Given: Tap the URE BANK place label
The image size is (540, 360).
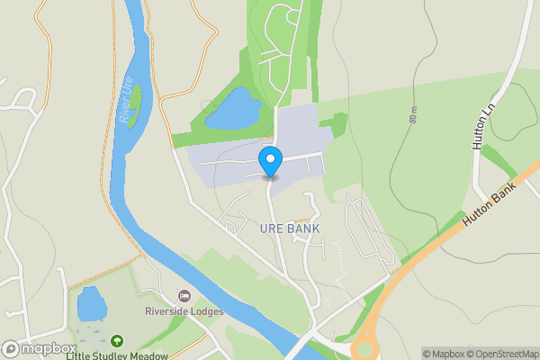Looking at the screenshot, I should pos(290,229).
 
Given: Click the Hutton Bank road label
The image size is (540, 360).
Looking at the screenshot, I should pos(489,205).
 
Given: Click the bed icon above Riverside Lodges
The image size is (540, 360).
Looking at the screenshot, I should pos(185,296).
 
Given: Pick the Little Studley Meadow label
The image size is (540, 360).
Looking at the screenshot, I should pos(117,355).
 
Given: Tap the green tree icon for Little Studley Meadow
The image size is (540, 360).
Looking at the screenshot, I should pos(117,341).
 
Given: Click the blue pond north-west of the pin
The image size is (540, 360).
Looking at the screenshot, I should pos(232,110).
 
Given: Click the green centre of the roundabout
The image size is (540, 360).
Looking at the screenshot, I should pos(364,350).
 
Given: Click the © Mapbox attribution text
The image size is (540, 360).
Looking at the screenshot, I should pos(443,354).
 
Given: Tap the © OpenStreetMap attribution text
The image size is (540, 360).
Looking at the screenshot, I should pos(502,354).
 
